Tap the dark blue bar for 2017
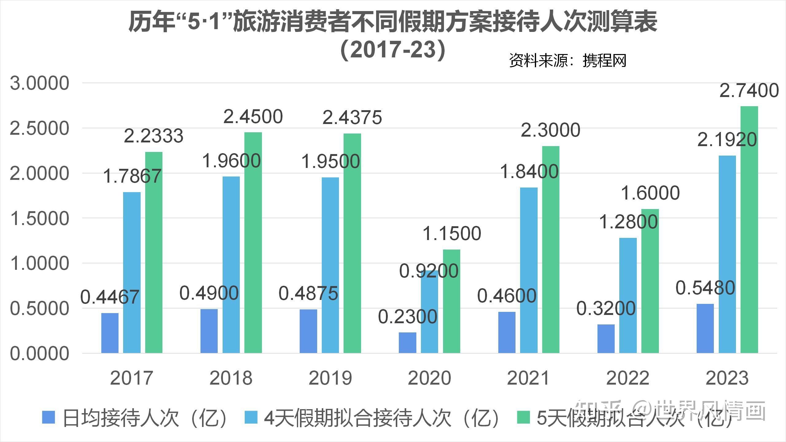tap(110, 333)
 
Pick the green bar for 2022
tap(650, 281)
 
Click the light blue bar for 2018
tap(231, 265)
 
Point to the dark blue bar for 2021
tap(507, 332)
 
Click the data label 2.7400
tap(749, 91)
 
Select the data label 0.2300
tap(407, 317)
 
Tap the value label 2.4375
tap(352, 117)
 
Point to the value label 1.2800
tap(628, 222)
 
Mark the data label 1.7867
tap(132, 176)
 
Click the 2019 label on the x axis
tap(330, 378)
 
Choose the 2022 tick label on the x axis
tap(628, 378)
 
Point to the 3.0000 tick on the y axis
tap(40, 83)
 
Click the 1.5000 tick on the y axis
tap(40, 219)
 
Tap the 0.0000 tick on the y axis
tap(40, 354)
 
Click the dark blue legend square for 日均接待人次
tap(49, 417)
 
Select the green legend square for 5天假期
tap(523, 417)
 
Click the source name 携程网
tap(604, 60)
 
